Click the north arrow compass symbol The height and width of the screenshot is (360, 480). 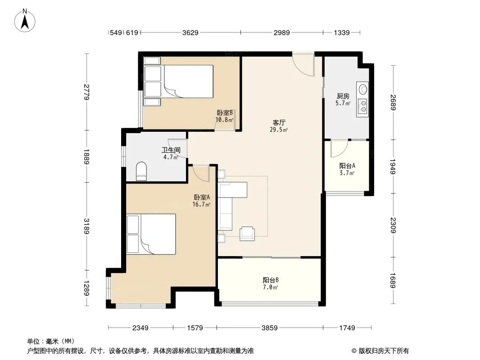25,20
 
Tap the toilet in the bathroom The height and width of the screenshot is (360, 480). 141,171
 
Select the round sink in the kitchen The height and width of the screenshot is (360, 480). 363,89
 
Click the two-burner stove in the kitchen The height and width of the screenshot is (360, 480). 363,106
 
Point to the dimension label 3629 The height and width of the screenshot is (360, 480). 190,32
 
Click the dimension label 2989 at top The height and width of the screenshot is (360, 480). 281,32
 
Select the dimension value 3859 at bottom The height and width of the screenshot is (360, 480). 270,328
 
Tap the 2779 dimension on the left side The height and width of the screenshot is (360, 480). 87,92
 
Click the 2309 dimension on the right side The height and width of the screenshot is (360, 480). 394,225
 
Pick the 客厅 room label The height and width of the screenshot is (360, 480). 279,123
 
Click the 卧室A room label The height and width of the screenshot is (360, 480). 202,197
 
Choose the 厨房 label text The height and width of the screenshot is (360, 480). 343,96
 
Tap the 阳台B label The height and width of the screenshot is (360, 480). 271,280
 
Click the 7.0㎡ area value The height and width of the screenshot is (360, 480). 270,287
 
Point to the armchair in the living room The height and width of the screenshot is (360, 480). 247,234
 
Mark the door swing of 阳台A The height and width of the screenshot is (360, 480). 340,149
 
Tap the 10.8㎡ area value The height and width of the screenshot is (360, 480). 224,120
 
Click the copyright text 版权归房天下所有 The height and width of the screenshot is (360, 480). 384,351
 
